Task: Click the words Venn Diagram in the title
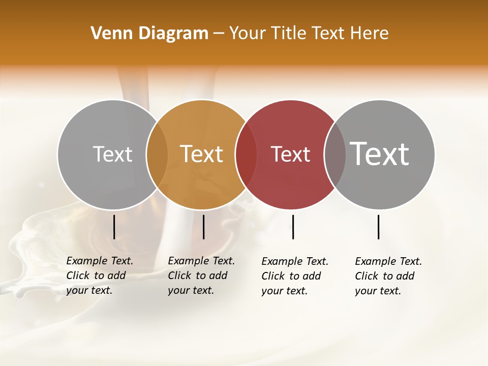[149, 34]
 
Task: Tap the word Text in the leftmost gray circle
[112, 154]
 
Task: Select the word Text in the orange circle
[202, 154]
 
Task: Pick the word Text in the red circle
[290, 155]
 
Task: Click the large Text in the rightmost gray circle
[380, 154]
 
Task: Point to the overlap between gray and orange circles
[157, 155]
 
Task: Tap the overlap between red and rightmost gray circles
[334, 155]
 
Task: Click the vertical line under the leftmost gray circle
[114, 227]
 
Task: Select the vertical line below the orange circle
[203, 227]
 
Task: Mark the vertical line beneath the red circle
[293, 227]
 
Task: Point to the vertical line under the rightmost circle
[379, 227]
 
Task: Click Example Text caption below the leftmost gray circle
[99, 276]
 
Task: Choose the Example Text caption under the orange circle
[201, 276]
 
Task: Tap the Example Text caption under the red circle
[294, 276]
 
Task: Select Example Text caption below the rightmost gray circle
[388, 276]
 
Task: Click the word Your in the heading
[247, 34]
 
